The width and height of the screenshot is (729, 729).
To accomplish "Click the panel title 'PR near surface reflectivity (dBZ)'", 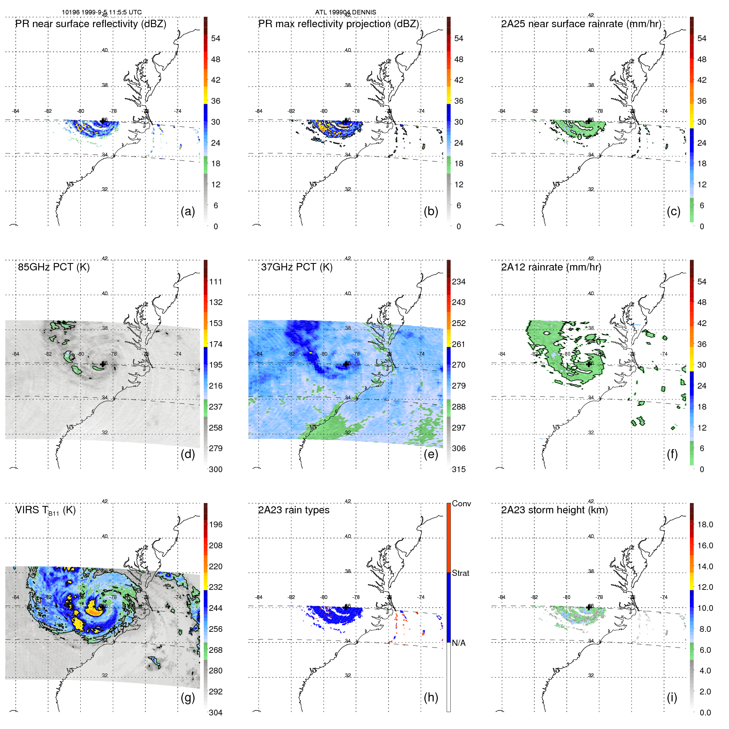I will (91, 24).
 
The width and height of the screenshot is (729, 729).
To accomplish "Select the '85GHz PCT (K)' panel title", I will (54, 267).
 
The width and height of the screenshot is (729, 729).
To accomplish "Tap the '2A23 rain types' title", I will (293, 510).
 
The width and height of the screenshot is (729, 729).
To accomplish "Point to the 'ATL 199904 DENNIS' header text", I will (345, 12).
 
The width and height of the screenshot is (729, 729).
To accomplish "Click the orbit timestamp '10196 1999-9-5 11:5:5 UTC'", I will (102, 12).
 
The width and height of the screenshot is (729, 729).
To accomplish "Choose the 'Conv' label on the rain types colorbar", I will (461, 504).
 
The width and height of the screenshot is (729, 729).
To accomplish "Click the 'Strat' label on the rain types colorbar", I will (460, 573).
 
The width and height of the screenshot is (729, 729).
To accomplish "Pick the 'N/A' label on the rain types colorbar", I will (459, 643).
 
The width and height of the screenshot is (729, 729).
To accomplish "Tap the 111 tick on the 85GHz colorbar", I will (215, 282).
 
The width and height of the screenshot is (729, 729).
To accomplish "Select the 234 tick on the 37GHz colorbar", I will (459, 282).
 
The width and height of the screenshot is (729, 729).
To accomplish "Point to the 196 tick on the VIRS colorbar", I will (215, 525).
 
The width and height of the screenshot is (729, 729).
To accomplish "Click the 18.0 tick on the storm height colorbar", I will (705, 525).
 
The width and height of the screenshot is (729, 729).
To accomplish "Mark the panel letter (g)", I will (188, 697).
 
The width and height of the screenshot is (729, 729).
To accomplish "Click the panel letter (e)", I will (431, 454).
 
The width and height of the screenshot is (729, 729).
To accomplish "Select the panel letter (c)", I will (673, 211).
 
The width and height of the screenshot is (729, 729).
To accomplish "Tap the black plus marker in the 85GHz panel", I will (102, 364).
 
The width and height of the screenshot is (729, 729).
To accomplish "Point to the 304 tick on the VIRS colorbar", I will (215, 713).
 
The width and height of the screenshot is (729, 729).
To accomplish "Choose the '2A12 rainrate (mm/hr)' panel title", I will (551, 267).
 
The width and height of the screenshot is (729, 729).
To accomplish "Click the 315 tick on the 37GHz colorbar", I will (459, 470).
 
